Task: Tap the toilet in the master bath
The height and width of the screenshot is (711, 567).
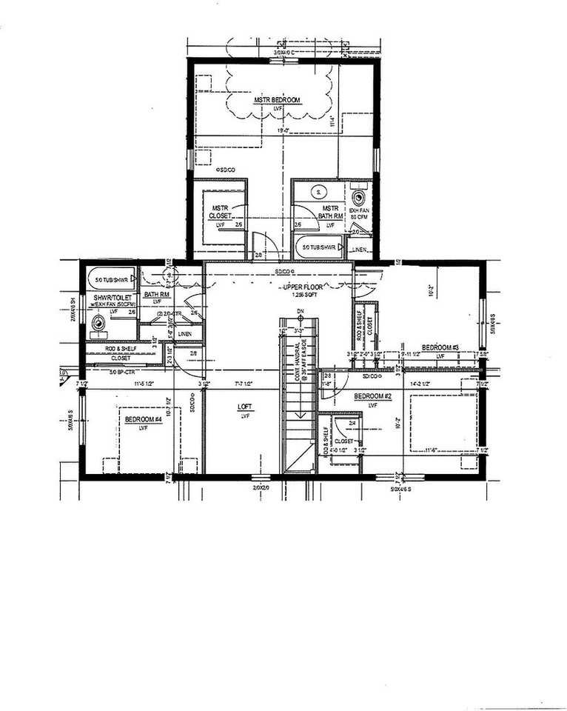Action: click(360, 198)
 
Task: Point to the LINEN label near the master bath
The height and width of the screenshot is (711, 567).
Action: click(360, 250)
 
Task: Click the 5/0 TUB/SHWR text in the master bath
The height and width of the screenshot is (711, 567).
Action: click(320, 246)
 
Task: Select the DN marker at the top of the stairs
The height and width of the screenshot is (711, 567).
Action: click(300, 311)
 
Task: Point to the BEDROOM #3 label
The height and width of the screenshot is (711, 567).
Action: click(441, 347)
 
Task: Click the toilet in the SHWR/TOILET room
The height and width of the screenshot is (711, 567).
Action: click(98, 324)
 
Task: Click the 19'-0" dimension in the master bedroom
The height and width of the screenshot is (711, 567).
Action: click(282, 131)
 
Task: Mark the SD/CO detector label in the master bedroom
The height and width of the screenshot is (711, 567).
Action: click(225, 170)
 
